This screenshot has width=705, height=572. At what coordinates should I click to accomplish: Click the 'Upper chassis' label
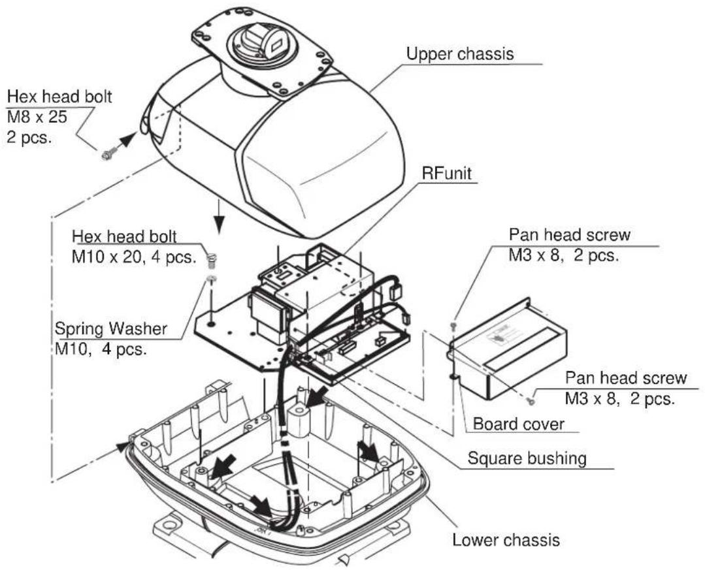click(x=459, y=54)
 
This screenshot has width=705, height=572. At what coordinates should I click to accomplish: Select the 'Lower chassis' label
click(x=506, y=539)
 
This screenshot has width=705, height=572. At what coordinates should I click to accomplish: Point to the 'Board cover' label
click(x=518, y=424)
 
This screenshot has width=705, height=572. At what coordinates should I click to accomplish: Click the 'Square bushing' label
click(x=527, y=458)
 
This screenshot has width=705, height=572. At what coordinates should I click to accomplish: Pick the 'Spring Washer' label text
click(x=110, y=329)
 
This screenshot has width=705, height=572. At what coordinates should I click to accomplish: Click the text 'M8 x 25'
click(x=37, y=118)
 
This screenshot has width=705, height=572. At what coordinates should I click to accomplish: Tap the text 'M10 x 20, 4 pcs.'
click(x=134, y=257)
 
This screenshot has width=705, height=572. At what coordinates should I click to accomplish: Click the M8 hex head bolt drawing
click(x=107, y=155)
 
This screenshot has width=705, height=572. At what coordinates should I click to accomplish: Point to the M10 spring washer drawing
click(x=211, y=279)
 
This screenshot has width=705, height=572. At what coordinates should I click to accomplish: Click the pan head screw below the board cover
click(x=531, y=400)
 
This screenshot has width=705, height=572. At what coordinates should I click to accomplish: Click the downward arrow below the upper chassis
click(x=219, y=217)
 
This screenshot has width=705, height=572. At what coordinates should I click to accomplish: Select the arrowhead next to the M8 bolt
click(x=127, y=139)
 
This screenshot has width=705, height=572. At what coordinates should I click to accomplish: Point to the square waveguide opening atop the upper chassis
click(x=275, y=44)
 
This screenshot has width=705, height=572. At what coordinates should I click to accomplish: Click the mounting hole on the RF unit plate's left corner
click(x=211, y=323)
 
